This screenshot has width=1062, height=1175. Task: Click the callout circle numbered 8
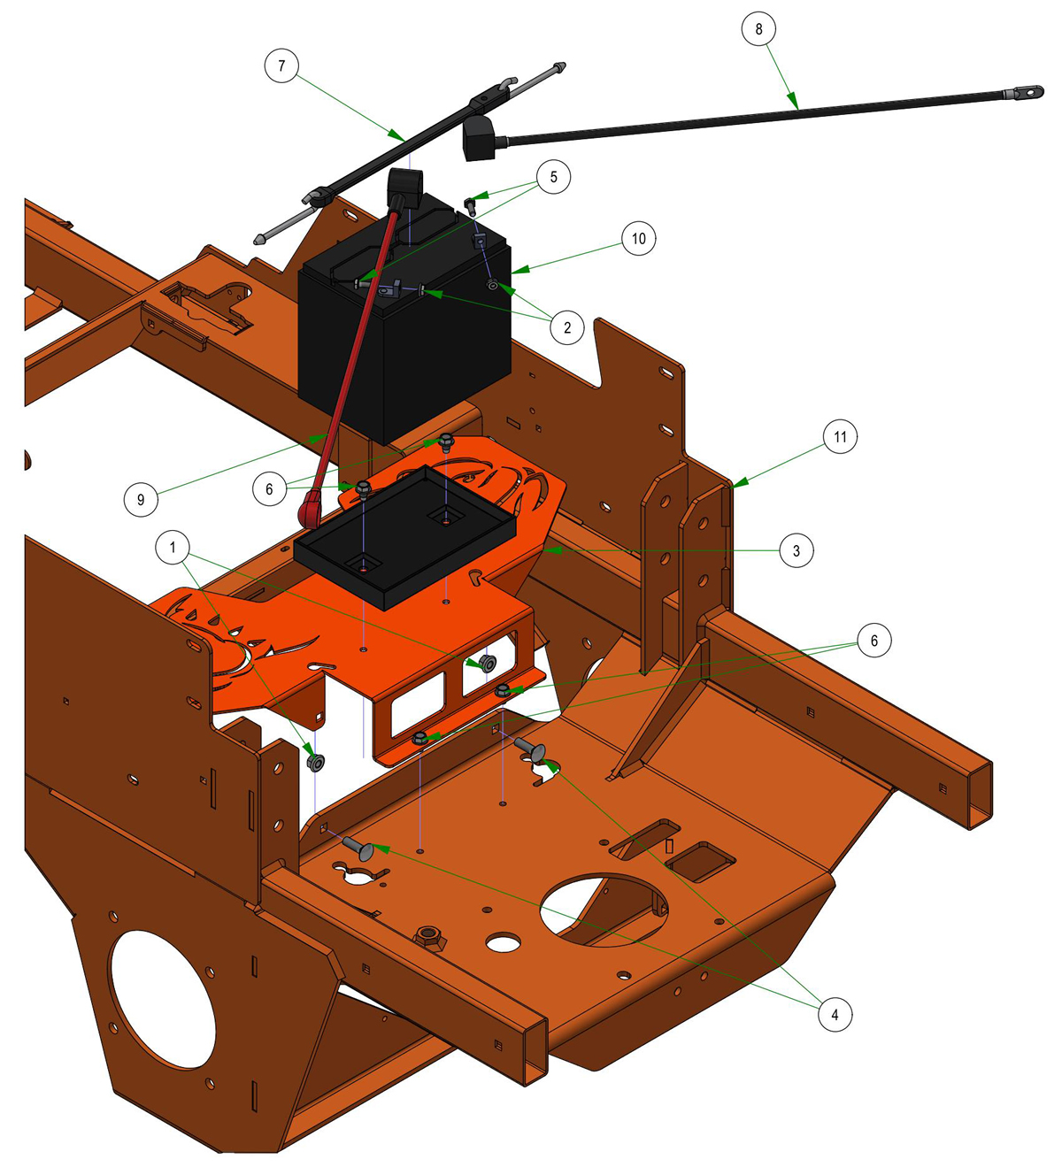[x=758, y=28]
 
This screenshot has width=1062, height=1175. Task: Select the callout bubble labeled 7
[x=281, y=65]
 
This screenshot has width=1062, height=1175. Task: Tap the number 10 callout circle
[x=638, y=238]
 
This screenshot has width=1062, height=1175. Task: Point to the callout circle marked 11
[x=840, y=436]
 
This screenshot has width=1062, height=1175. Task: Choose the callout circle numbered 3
[x=796, y=550]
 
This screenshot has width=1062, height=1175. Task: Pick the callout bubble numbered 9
[x=141, y=499]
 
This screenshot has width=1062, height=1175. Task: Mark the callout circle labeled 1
[x=173, y=547]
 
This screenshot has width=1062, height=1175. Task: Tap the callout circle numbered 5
[x=553, y=176]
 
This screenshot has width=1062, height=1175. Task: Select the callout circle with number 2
[x=566, y=326]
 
